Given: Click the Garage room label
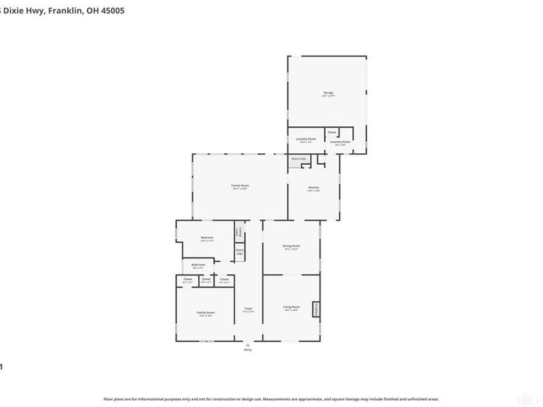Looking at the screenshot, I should pyautogui.click(x=328, y=93).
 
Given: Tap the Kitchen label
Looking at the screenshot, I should pyautogui.click(x=314, y=188).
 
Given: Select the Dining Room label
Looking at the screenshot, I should pyautogui.click(x=291, y=247).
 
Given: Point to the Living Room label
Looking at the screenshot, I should pyautogui.click(x=291, y=308).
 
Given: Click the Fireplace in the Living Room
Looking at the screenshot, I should pyautogui.click(x=316, y=309).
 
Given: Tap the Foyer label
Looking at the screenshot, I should pyautogui.click(x=248, y=309).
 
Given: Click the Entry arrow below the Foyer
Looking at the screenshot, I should pyautogui.click(x=248, y=344).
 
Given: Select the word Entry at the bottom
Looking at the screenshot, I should pyautogui.click(x=248, y=350).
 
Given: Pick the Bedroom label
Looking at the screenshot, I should pyautogui.click(x=207, y=237).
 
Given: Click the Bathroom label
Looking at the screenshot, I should pyautogui.click(x=198, y=265).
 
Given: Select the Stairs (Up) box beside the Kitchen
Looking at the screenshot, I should pyautogui.click(x=299, y=159).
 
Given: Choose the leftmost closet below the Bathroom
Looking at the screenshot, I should pyautogui.click(x=187, y=279).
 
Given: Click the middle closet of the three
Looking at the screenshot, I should pyautogui.click(x=206, y=279).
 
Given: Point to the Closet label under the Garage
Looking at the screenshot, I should pyautogui.click(x=332, y=132).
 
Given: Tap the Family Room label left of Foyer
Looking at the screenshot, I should pyautogui.click(x=206, y=313).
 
